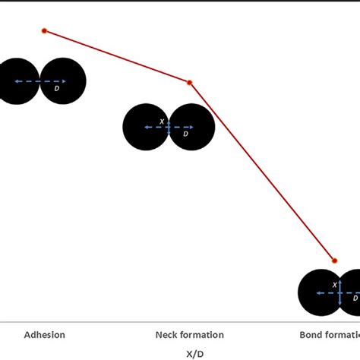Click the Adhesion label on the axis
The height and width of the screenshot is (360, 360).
(x=45, y=334)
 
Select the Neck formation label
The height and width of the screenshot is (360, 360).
(x=189, y=334)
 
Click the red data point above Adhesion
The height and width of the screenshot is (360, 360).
(x=44, y=30)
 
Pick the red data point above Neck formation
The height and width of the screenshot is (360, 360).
(x=190, y=82)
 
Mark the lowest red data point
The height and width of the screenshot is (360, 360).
(x=333, y=260)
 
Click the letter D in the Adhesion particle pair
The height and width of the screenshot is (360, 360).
(x=57, y=89)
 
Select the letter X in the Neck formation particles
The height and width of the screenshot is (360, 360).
(x=161, y=121)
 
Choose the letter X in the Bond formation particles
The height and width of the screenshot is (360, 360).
(x=334, y=285)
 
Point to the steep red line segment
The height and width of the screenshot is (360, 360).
(x=262, y=171)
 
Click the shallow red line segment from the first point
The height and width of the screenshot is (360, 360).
(x=117, y=56)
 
